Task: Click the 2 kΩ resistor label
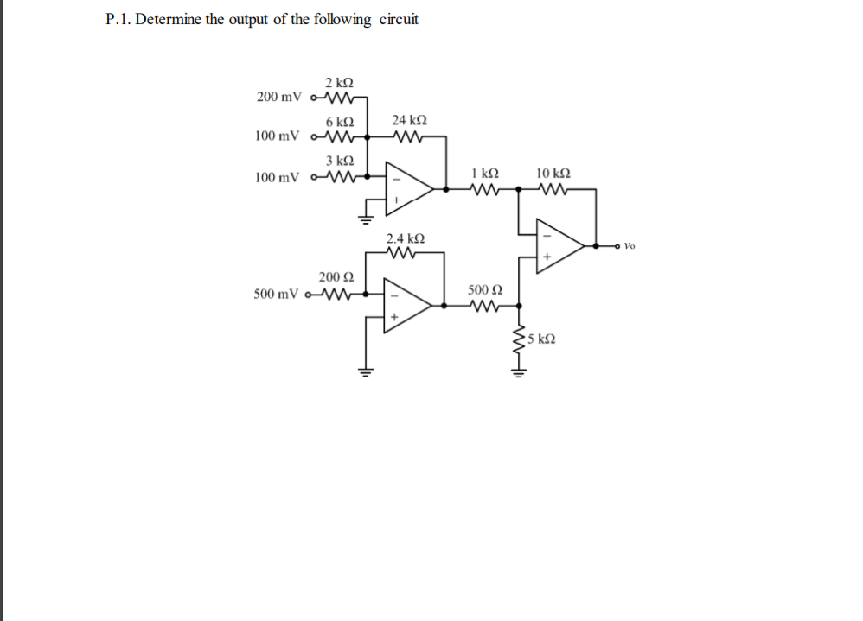[x=339, y=83]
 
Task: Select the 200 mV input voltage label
[x=279, y=96]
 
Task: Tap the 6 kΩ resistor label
[x=339, y=122]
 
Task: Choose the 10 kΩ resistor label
[x=553, y=173]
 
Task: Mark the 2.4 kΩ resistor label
[x=405, y=238]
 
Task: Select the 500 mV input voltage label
[x=278, y=294]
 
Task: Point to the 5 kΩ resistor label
[x=541, y=339]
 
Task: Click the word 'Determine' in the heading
[x=169, y=20]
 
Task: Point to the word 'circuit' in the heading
[x=399, y=20]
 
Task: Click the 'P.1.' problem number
[x=118, y=20]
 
